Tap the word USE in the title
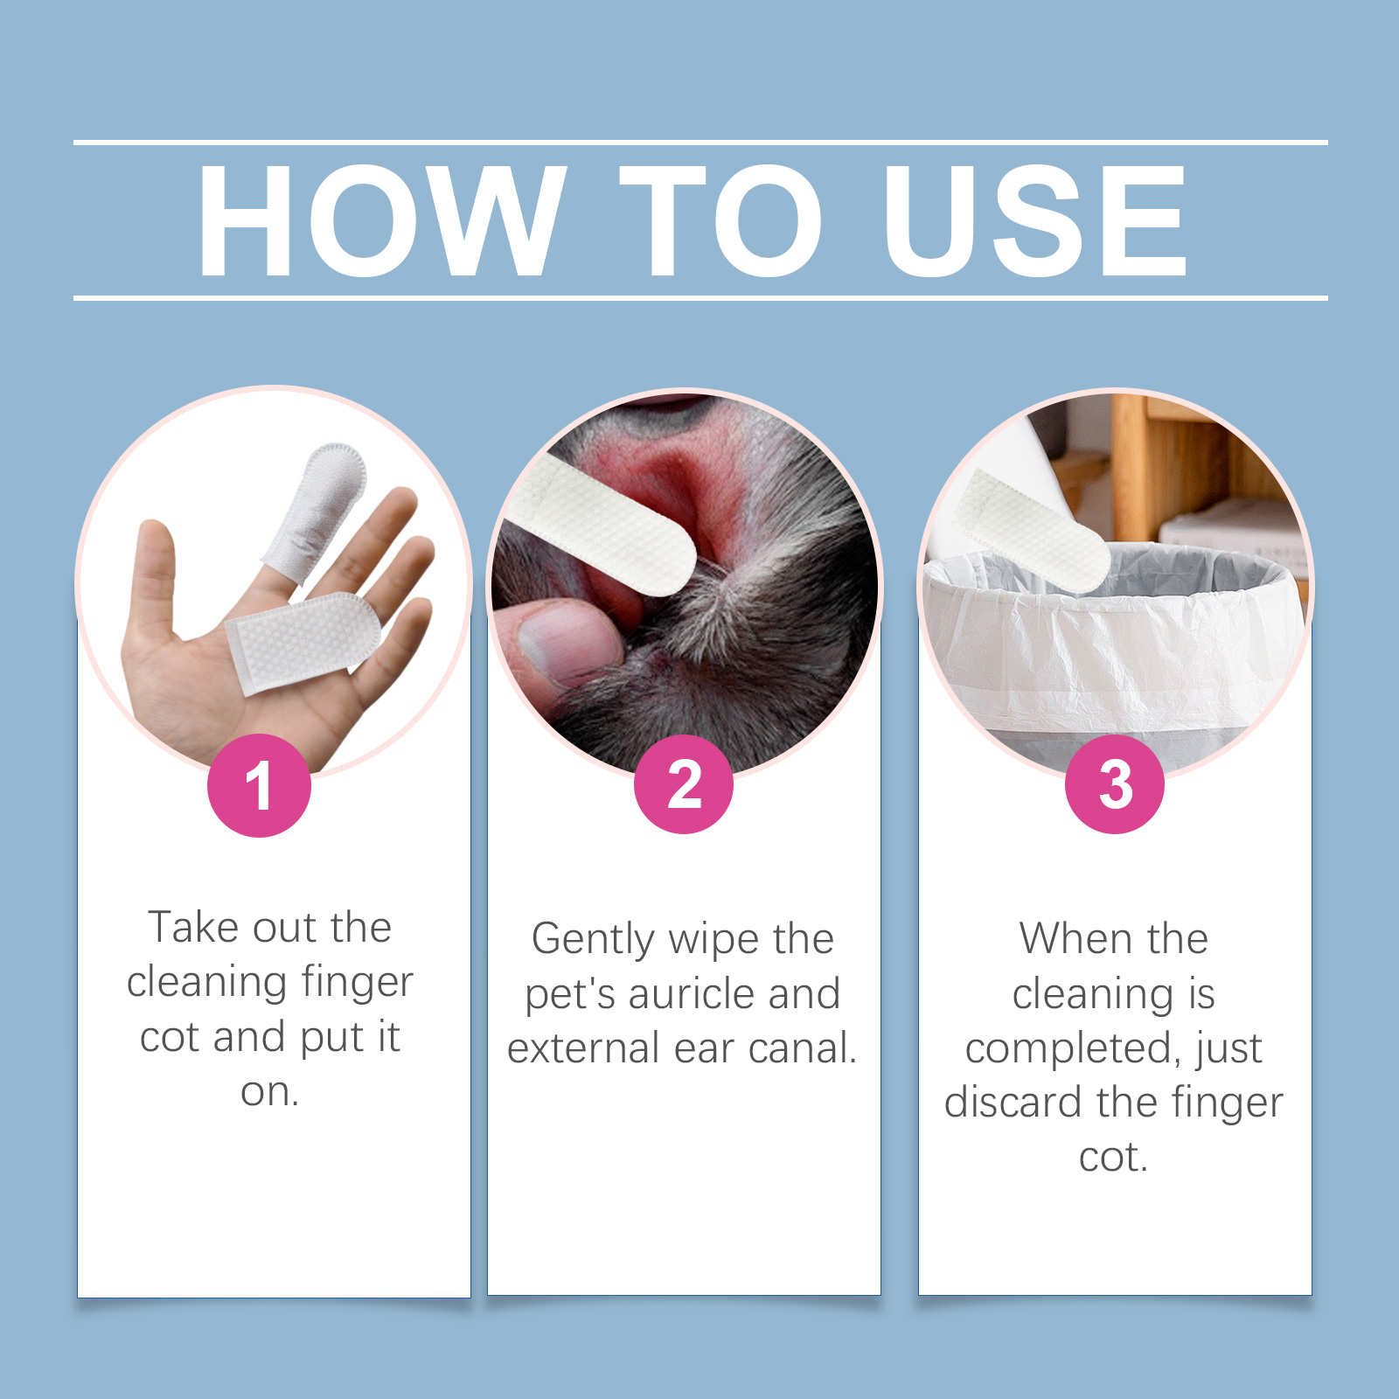[1034, 220]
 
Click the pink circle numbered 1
[259, 785]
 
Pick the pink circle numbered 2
[684, 783]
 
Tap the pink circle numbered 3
[1115, 783]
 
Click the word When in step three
[1076, 938]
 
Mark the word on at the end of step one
[269, 1092]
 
